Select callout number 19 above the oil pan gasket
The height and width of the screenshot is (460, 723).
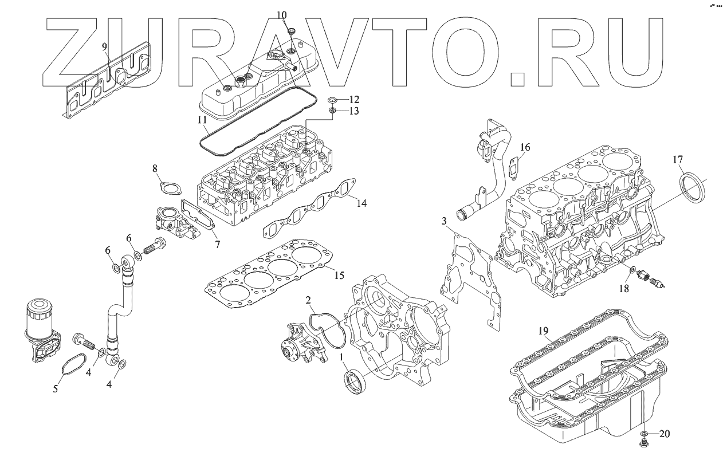click(x=544, y=331)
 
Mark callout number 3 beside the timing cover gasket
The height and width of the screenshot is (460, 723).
click(x=444, y=221)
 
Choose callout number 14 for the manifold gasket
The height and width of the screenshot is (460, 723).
click(x=361, y=203)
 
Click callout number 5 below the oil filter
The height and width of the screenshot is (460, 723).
click(x=56, y=389)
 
